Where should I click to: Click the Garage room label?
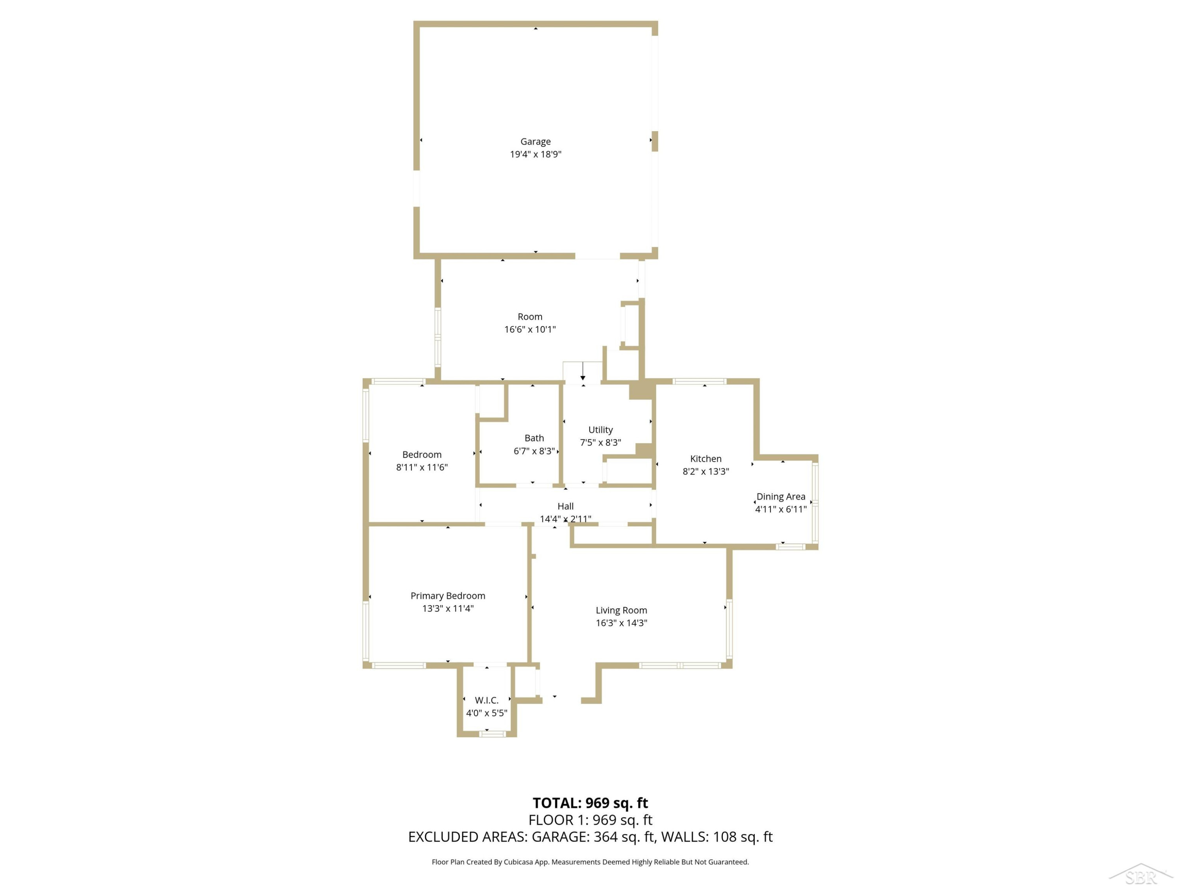click(535, 141)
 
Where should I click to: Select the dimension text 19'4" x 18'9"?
click(535, 154)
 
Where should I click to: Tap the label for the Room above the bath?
click(529, 317)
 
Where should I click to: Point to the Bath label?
click(534, 438)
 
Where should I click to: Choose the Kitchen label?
click(706, 459)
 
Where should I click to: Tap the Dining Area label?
click(781, 497)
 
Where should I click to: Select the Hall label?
click(565, 506)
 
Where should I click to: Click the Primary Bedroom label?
click(448, 596)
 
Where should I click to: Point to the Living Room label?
click(622, 610)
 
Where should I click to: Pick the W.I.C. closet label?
click(487, 700)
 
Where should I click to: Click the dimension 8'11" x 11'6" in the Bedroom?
click(422, 467)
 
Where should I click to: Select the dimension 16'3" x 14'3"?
click(622, 623)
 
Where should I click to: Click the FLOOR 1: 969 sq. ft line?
click(590, 820)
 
